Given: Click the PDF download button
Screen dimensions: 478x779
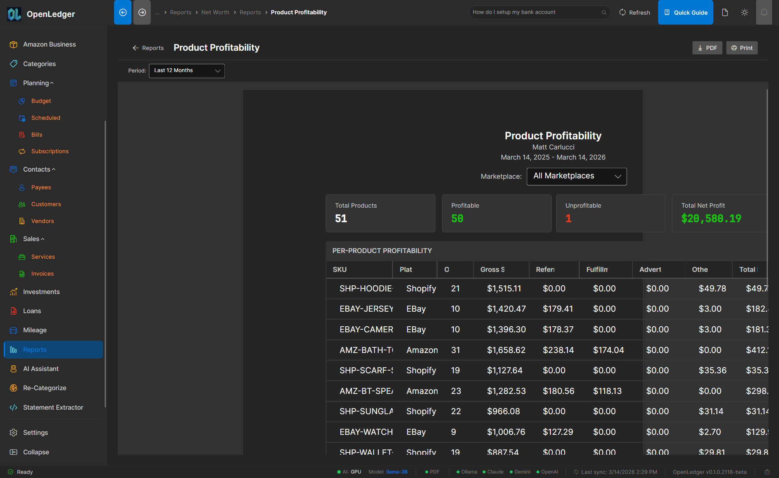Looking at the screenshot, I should coord(707,48).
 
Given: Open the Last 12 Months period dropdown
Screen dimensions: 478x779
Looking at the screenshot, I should coord(186,71).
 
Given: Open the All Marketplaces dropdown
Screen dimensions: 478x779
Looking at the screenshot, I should coord(576,176).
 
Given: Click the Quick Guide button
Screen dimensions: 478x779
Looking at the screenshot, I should coord(685,12).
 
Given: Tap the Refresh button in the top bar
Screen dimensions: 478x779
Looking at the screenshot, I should coord(635,12).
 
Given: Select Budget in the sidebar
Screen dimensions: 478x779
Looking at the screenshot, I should coord(41,101).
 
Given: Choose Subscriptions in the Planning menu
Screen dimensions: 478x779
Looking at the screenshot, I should coord(50,151).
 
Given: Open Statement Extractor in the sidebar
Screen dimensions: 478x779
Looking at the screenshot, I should coord(53,407).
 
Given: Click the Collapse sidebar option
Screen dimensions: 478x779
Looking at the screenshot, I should coord(36,452).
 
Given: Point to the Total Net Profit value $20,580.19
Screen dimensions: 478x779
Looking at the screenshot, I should coord(711,219).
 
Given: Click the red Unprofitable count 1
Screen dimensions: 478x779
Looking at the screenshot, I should coord(568,219).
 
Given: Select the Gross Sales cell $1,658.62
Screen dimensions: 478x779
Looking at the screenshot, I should coord(506,350).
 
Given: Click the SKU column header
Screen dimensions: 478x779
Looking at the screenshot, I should coord(340,270).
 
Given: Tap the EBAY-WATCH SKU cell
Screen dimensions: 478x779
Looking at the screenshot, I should coord(366,432).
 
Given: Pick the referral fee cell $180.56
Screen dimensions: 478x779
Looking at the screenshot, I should coord(558,391).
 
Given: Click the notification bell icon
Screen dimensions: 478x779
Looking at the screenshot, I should coord(764,12).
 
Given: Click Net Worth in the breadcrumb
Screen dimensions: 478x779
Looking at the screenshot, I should coord(215,12).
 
